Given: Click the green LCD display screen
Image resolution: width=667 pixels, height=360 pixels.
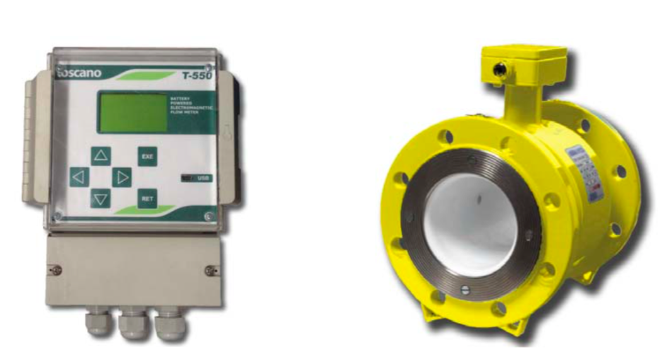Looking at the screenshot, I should click(x=132, y=112).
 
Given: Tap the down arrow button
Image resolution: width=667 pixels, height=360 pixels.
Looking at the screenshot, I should click(x=100, y=198).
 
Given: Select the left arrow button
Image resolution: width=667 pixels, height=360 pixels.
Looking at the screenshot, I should click(x=78, y=177).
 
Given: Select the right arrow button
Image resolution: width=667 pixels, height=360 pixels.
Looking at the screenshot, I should click(x=122, y=177).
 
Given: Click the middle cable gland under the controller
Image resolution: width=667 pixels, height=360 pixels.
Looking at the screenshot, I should click(x=133, y=323).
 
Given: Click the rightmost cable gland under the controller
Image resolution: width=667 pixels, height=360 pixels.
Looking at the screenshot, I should click(x=170, y=323).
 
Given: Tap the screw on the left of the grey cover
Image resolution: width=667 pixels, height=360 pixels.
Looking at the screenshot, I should click(x=57, y=270).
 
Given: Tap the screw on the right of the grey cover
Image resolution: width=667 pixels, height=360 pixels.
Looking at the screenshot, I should click(x=209, y=270).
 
